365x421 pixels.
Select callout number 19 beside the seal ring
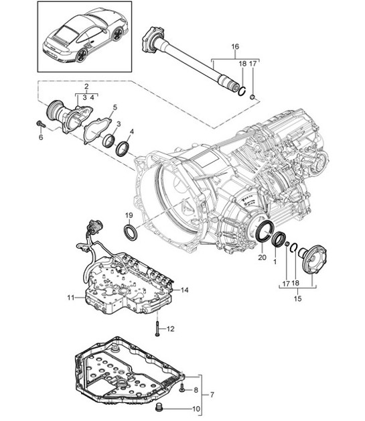pos(128,215)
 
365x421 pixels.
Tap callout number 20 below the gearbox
pos(262,257)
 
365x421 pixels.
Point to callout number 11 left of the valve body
pos(70,296)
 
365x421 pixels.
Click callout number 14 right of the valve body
pos(185,290)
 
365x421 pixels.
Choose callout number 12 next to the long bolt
pos(170,328)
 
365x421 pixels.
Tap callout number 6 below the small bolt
pos(40,137)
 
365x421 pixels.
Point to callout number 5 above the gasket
pos(115,107)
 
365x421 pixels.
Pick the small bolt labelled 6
pos(41,125)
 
